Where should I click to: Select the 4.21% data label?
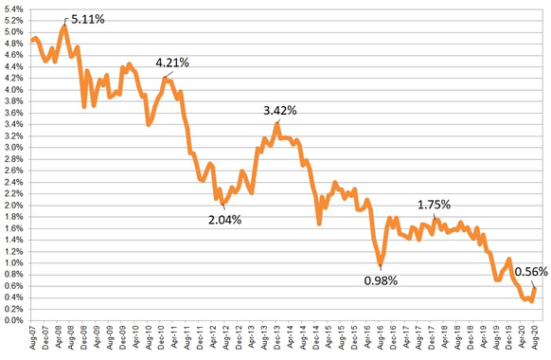coord(174,63)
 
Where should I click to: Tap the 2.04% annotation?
coord(225,220)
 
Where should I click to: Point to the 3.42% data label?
coord(280,110)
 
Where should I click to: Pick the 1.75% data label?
coord(434,204)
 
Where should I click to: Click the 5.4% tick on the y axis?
coord(12,9)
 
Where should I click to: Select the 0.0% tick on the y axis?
coord(12,321)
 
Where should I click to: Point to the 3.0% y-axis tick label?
coord(12,148)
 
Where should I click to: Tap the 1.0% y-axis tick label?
coord(12,263)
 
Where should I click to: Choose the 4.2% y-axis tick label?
coord(12,79)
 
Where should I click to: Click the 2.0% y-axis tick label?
coord(12,206)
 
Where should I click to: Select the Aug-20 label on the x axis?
coord(535,340)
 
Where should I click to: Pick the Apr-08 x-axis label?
coord(63,340)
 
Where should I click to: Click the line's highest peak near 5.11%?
coord(63,27)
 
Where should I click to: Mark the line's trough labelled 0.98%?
coord(381,263)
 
